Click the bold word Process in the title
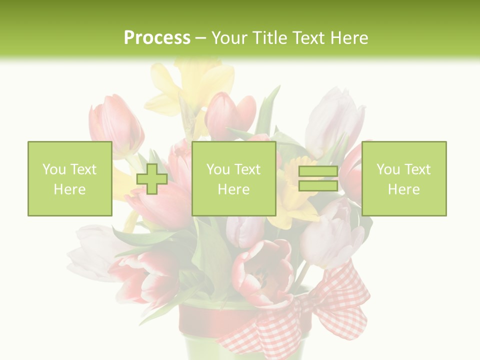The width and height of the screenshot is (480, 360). point(157,38)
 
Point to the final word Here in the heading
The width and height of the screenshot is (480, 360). point(348,38)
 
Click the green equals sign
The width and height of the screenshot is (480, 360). point(318,179)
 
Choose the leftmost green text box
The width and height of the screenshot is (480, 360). point(69,179)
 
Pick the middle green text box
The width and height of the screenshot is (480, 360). point(233,179)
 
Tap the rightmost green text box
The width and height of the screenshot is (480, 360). point(404,179)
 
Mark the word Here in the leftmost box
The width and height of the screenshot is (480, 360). point(69,189)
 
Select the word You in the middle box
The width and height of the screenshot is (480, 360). point(218,169)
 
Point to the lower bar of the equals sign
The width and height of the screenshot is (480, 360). point(318,186)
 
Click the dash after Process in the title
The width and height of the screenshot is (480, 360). point(201,38)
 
